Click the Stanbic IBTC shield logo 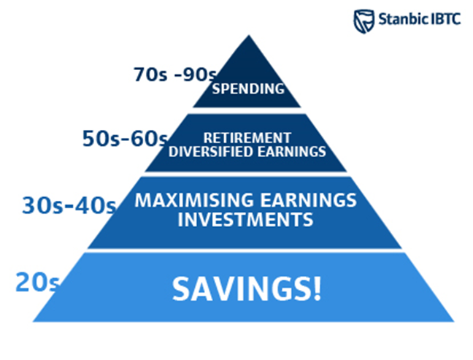coord(364,21)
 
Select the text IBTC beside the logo coord(446,19)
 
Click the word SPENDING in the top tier coord(248,88)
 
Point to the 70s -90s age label coord(175,74)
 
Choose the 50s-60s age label coord(125,139)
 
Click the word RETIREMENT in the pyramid coord(247,138)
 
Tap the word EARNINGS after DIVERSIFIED coord(292,151)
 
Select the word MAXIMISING coord(194,200)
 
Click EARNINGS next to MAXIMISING coord(309,200)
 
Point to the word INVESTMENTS coord(245,219)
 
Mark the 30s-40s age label coord(69,205)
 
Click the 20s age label coord(37,282)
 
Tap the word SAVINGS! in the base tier coord(247,288)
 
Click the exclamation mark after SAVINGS coord(318,288)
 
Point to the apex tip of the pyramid coord(249,35)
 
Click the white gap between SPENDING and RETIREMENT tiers coord(247,110)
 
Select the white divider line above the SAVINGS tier coord(245,250)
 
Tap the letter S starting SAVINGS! coord(181,288)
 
